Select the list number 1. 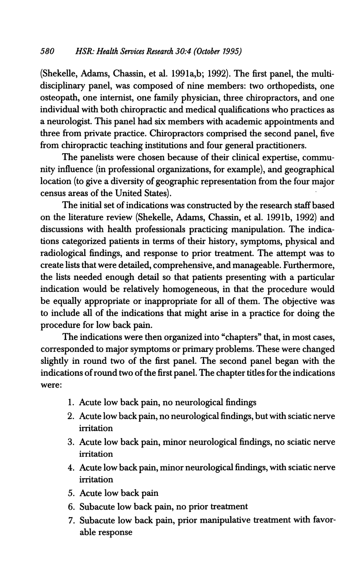71,403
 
